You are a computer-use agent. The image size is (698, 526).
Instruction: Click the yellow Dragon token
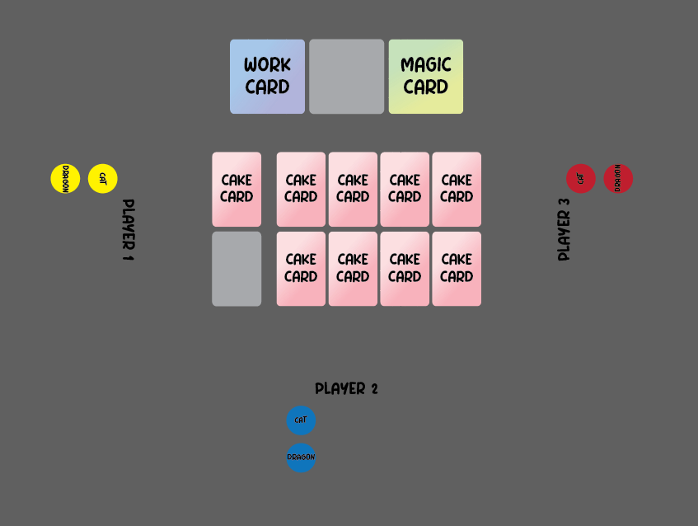point(65,178)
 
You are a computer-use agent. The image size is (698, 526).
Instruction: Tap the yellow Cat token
point(103,178)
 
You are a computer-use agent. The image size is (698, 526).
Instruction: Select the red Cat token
point(580,178)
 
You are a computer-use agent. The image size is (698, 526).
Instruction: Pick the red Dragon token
point(618,178)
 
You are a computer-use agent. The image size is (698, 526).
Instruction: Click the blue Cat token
point(301,420)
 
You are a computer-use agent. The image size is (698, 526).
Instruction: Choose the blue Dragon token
point(301,458)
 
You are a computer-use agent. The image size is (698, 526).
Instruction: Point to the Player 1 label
point(128,229)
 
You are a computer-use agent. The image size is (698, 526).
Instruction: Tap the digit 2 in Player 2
point(373,389)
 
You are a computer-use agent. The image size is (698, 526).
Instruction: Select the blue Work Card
point(267,76)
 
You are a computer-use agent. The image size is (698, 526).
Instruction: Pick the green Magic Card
point(425,76)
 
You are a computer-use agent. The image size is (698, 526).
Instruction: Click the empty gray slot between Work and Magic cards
point(346,76)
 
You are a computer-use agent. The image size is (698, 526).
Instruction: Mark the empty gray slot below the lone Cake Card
point(237,269)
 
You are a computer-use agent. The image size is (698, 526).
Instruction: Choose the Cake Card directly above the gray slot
point(237,189)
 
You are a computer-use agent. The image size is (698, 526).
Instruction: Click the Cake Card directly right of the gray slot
point(301,269)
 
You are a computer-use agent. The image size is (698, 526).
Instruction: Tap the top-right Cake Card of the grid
point(457,189)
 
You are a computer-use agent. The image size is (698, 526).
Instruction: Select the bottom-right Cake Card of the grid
point(457,269)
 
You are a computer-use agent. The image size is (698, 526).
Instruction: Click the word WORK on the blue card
point(267,65)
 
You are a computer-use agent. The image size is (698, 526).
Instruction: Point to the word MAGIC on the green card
point(425,65)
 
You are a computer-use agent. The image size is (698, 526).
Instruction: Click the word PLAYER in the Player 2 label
point(340,389)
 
